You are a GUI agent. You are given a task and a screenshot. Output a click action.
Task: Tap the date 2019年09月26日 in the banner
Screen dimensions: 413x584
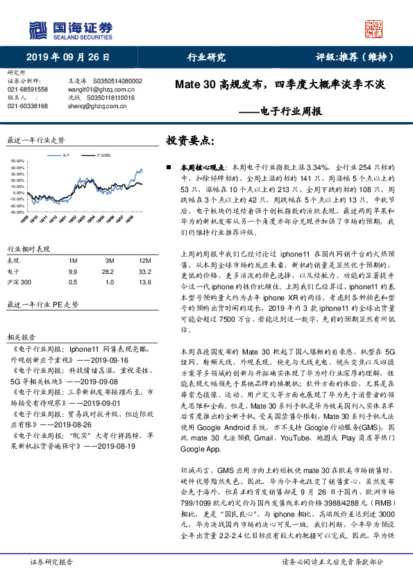tap(69, 58)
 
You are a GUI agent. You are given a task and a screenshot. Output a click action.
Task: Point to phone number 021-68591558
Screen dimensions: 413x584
tap(28, 89)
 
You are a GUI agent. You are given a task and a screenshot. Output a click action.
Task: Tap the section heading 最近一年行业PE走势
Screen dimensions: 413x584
tap(42, 304)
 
